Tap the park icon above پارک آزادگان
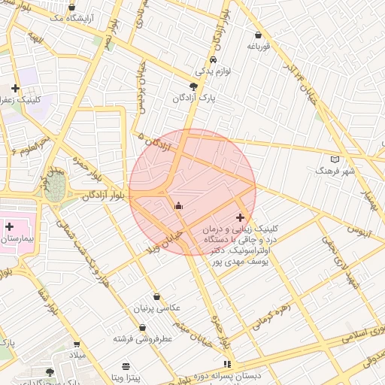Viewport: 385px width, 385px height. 194,86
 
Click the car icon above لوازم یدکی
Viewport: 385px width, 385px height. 213,59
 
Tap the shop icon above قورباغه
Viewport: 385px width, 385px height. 258,35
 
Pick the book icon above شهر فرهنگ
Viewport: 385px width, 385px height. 335,159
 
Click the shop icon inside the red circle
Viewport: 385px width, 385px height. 178,205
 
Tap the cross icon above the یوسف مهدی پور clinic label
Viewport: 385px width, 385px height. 240,217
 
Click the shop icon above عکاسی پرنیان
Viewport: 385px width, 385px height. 156,296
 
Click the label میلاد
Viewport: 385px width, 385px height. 78,353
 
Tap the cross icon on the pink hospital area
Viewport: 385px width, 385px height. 9,226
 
